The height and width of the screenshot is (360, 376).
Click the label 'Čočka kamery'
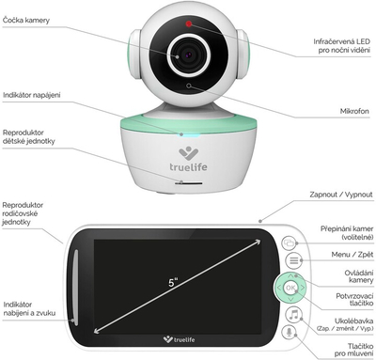point(24,20)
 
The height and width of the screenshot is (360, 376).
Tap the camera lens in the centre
point(186,55)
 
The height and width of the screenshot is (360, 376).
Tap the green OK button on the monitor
point(291,288)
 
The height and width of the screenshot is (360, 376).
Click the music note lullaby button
point(292,313)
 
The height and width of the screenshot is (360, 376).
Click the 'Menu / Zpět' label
point(348,254)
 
